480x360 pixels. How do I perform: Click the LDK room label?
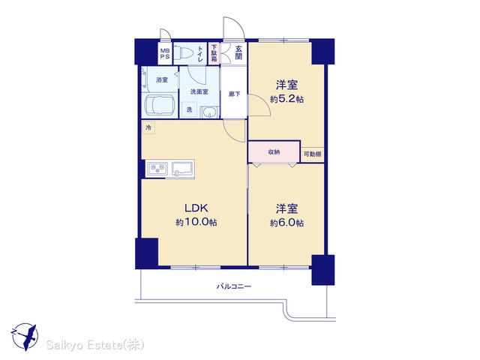pos(196,208)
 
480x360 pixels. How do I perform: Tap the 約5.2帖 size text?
pos(286,100)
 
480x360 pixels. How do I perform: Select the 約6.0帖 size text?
pos(286,223)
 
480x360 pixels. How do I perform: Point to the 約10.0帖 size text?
pos(196,222)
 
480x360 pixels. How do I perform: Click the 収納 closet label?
pos(274,151)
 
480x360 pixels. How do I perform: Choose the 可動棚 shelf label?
pos(312,154)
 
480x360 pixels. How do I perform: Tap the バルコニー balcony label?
pos(234,286)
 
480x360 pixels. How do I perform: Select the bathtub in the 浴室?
pos(159,105)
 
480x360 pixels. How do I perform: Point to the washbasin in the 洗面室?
pos(210,112)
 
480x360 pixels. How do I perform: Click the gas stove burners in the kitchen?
pos(157,168)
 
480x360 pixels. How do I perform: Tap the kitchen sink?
pos(182,169)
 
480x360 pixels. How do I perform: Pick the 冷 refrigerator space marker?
pos(148,127)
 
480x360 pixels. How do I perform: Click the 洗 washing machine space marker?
pos(190,109)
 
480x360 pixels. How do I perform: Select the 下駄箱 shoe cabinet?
pos(214,53)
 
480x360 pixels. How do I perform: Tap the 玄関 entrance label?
pos(238,52)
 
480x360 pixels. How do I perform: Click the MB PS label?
pos(165,53)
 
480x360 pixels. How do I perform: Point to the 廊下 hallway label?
pos(235,94)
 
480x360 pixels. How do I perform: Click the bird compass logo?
pos(25,337)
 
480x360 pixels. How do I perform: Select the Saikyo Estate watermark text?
pos(95,345)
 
